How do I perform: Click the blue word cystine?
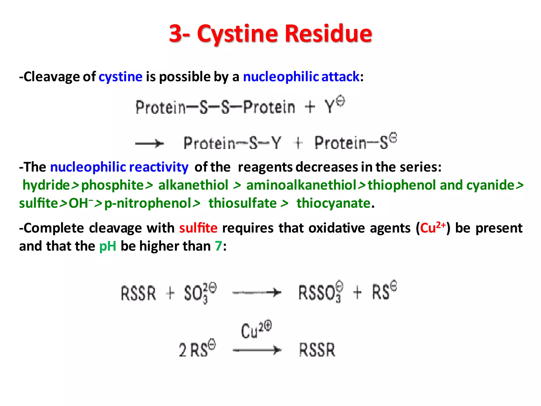coord(120,77)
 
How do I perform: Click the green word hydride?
coord(46,185)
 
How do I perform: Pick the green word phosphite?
coord(112,185)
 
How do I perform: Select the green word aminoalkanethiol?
coord(301,185)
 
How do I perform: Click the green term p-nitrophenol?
coord(148,204)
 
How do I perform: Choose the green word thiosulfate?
coord(242,204)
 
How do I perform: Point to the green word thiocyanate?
coord(333,204)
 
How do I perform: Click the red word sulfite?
coord(198,228)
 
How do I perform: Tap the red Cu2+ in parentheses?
coord(433,228)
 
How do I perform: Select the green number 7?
coord(218,246)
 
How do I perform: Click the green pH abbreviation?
coord(108,246)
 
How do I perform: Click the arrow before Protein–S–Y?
coord(150,144)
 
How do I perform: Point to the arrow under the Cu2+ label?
coord(257,350)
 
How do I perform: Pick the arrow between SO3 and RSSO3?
coord(257,293)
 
